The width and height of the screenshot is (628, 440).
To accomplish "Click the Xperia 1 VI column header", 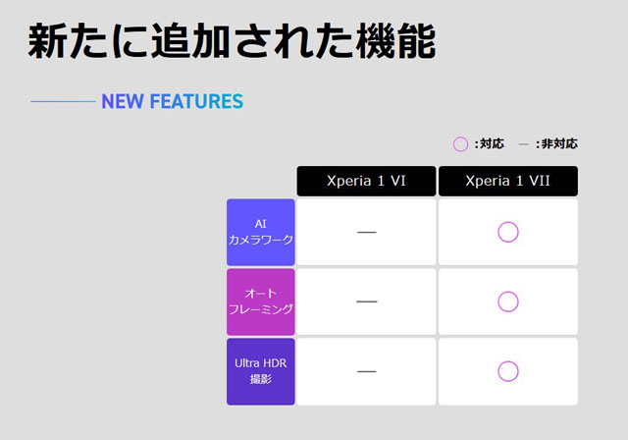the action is tap(366, 181).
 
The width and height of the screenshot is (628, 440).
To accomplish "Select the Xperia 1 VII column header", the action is tap(508, 181).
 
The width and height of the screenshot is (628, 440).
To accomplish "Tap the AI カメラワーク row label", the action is tap(261, 232).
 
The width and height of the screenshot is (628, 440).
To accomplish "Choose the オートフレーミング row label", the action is tap(261, 302).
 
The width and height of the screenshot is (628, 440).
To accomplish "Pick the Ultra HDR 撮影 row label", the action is tap(261, 371).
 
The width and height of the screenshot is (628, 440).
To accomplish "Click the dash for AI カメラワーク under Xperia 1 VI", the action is tap(366, 232).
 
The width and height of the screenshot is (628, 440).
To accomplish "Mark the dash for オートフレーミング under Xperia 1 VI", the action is tap(366, 302).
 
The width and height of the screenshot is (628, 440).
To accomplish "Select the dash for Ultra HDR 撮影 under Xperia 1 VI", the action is tap(366, 371).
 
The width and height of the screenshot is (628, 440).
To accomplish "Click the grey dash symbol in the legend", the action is tap(523, 144).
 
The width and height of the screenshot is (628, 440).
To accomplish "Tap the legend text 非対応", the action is tap(559, 143).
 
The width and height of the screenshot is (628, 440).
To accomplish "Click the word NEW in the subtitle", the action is tap(123, 101).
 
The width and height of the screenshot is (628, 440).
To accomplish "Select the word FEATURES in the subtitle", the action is tap(196, 101).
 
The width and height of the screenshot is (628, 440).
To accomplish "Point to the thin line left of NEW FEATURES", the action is tap(63, 101).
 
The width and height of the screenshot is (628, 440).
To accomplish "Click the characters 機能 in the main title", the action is tap(395, 41).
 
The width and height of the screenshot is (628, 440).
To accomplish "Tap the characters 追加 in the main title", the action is tap(191, 41).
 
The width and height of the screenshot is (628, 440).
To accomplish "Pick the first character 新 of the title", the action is tap(47, 41).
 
